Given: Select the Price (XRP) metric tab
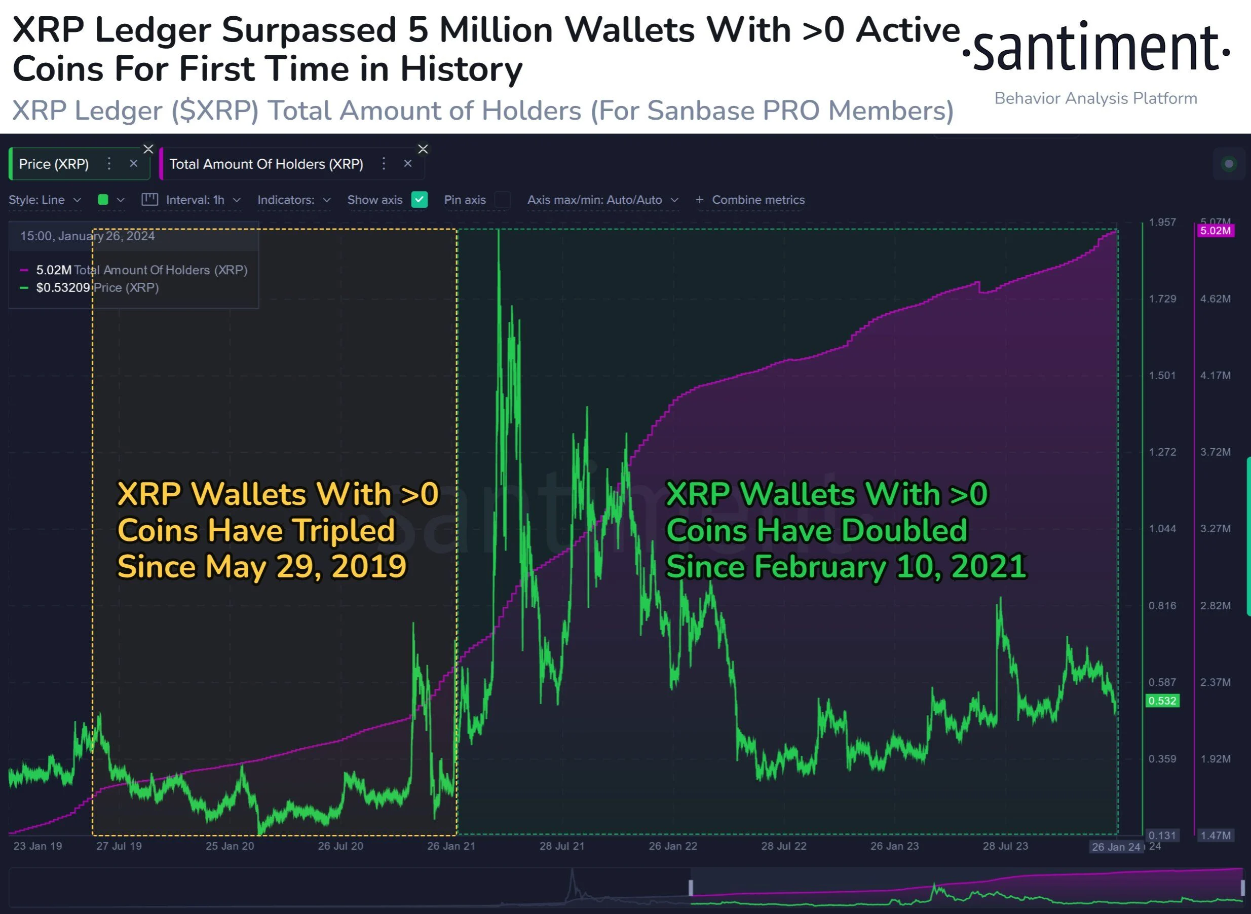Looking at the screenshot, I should point(54,164).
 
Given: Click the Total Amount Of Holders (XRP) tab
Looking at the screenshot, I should point(266,164).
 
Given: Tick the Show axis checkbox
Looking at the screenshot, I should point(419,200).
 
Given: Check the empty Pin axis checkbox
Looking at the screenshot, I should point(502,200).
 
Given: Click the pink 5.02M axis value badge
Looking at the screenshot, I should point(1215,230).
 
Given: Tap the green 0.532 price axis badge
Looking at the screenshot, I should point(1162,701).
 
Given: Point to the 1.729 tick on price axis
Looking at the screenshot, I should point(1162,299).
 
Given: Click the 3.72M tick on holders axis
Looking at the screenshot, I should point(1215,452).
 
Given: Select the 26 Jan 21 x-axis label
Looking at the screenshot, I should point(451,846).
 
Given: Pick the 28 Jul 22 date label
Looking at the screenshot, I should point(783,846).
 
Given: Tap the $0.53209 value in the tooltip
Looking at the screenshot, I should point(62,288).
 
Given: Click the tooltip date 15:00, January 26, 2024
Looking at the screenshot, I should point(87,236).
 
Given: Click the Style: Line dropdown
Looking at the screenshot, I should point(44,200).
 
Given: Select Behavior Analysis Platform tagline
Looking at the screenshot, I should point(1095,98).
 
